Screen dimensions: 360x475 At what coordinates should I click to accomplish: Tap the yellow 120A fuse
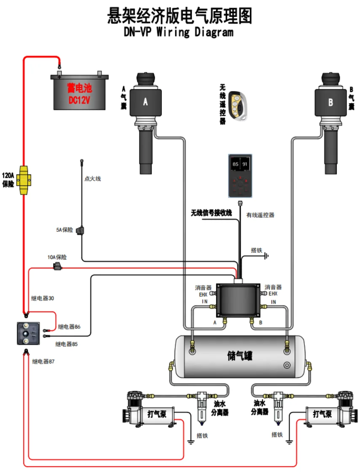24,180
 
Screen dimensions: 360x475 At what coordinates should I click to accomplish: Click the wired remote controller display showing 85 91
240,176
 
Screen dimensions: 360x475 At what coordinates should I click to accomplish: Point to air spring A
146,123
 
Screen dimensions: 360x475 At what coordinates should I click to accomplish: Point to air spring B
330,123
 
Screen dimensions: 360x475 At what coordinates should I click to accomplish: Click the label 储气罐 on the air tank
240,356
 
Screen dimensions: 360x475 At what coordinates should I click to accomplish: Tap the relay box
28,333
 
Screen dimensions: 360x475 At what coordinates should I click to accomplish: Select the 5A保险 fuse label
64,230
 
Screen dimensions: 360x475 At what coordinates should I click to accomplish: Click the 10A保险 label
57,257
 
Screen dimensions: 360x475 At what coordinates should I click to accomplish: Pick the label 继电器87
43,361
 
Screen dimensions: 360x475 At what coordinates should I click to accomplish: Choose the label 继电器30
43,298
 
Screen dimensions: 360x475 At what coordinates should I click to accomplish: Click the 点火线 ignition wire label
93,179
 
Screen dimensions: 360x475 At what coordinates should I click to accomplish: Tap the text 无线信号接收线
211,213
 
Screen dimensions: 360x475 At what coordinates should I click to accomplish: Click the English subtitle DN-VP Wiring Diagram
179,32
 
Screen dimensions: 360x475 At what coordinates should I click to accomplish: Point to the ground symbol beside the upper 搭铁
266,256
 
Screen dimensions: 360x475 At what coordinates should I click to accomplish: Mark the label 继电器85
66,344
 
